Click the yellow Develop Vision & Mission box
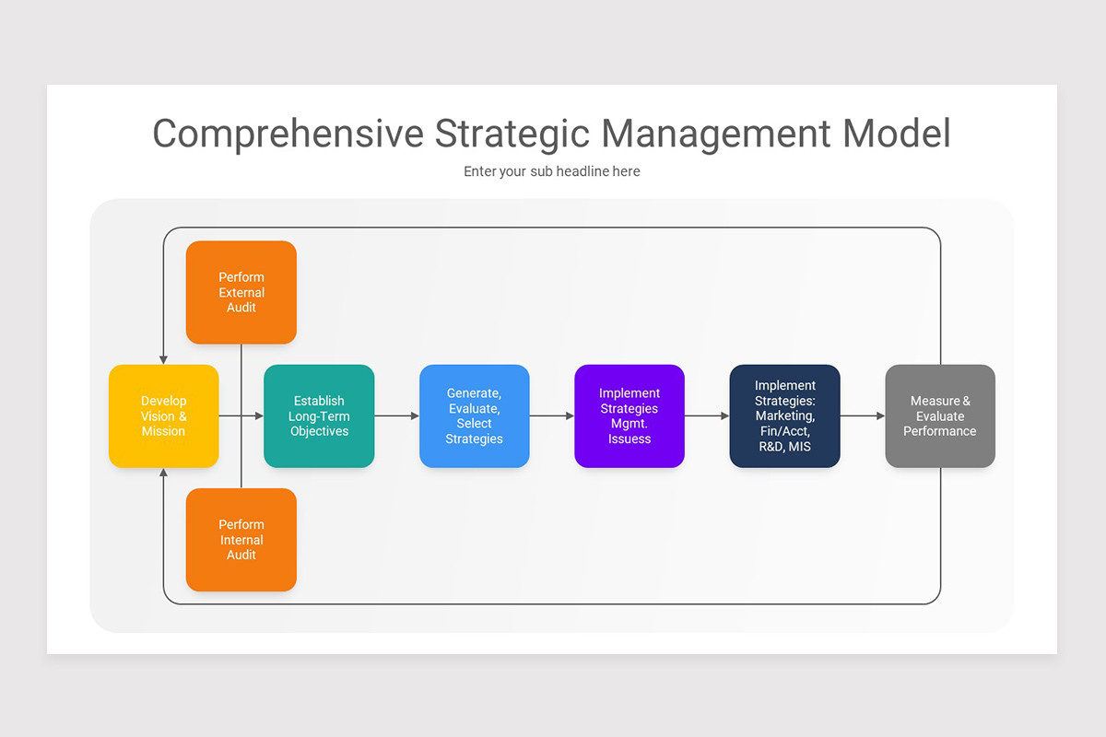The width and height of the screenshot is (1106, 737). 164,416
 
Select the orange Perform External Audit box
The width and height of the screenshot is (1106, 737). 241,292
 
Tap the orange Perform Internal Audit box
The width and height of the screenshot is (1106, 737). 241,540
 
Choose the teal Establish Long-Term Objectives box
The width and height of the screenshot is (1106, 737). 319,416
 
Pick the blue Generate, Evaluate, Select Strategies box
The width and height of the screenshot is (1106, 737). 475,416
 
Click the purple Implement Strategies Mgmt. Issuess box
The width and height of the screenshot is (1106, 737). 629,416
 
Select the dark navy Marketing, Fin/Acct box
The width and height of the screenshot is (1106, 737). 785,416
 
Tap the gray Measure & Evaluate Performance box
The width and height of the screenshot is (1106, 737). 940,416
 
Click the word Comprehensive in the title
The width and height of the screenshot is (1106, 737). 288,134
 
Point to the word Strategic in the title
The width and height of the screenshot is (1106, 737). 512,134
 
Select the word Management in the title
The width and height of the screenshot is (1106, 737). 715,134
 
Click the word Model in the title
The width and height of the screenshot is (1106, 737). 896,134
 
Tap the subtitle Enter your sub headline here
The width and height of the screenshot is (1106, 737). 552,171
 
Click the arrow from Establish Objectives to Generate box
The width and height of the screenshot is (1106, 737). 397,416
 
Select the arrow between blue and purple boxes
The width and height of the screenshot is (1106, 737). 552,416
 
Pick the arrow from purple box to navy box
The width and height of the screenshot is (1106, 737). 707,416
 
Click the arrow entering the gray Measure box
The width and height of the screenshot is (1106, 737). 863,416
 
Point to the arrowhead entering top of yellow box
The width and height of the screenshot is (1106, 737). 164,359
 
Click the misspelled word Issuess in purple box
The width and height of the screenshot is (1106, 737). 629,439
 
